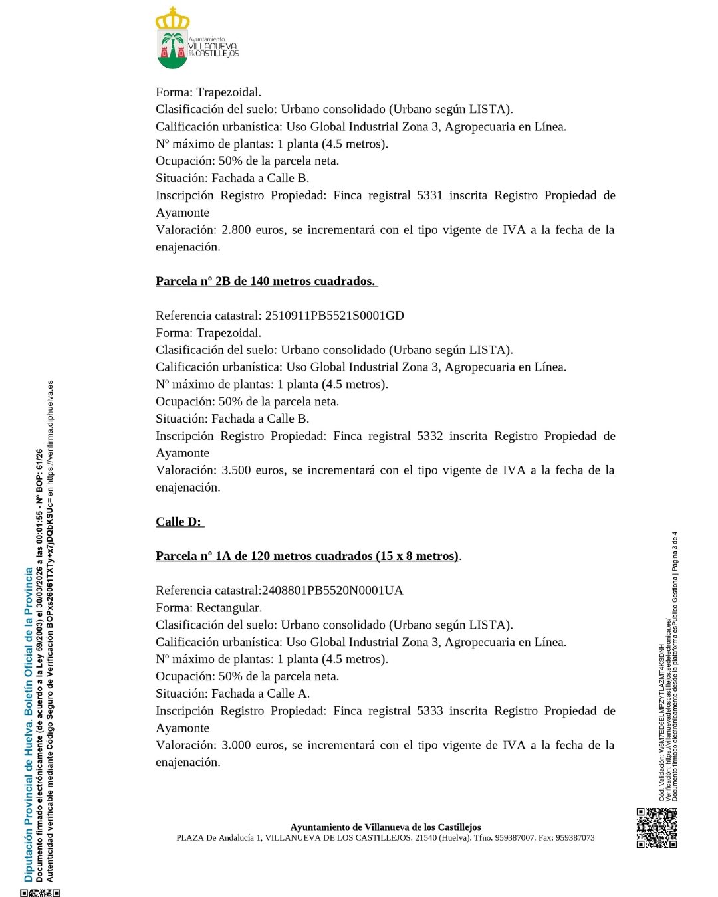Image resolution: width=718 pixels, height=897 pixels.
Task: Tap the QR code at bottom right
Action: (x=657, y=828)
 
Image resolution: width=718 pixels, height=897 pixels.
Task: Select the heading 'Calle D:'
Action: (x=178, y=522)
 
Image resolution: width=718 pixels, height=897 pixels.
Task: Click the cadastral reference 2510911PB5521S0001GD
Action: (x=334, y=316)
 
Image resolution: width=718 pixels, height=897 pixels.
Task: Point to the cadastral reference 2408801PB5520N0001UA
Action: (x=332, y=591)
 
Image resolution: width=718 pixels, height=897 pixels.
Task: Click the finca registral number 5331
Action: (x=429, y=195)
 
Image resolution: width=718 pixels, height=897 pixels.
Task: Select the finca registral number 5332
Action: (x=429, y=436)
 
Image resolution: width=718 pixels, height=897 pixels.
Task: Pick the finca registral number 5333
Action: (x=429, y=711)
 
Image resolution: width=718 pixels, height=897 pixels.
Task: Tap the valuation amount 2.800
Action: (x=236, y=230)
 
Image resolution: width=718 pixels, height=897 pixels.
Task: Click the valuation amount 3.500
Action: (x=236, y=470)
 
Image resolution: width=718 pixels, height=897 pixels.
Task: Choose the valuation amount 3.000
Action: (x=236, y=746)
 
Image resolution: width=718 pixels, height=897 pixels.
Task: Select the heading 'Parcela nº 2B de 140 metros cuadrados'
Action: (x=265, y=282)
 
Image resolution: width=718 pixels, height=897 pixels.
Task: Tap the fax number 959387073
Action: (x=575, y=838)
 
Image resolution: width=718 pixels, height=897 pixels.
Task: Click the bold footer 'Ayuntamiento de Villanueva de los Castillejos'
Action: (x=386, y=827)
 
